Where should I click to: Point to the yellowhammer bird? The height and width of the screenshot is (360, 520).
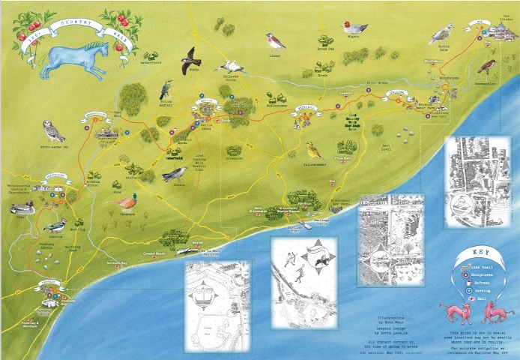pyautogui.click(x=313, y=150)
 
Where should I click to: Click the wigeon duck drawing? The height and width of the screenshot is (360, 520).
pyautogui.click(x=352, y=29)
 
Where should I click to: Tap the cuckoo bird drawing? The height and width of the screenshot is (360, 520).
pyautogui.click(x=175, y=174)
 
